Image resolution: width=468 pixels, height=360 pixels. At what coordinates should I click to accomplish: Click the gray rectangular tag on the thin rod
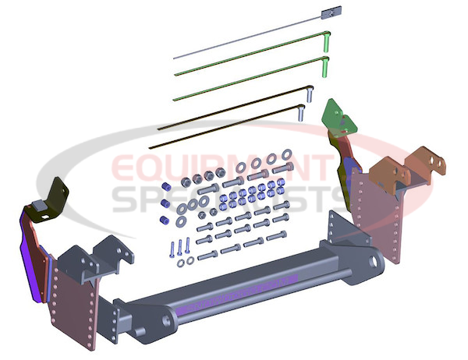(x=331, y=12)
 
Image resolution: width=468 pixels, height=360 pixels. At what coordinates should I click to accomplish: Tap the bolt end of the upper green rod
(x=327, y=41)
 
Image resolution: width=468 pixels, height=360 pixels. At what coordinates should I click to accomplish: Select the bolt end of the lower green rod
(x=325, y=67)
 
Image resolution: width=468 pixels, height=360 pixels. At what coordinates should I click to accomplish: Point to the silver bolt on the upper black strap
(x=310, y=94)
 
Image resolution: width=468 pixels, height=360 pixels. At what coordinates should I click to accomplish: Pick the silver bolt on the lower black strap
(x=301, y=113)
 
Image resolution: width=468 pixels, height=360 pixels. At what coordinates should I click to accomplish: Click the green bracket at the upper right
(x=339, y=118)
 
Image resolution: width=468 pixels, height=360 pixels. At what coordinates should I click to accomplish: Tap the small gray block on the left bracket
(x=39, y=205)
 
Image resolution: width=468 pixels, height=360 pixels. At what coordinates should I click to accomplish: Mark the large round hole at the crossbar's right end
(x=373, y=261)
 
